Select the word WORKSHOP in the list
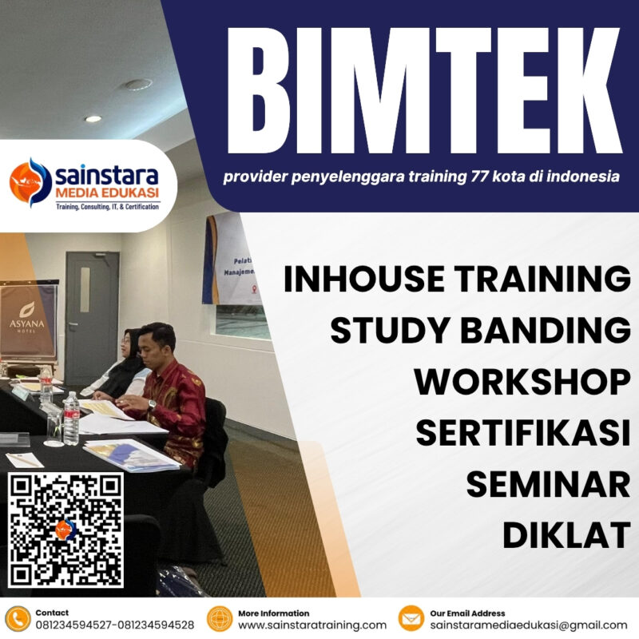coord(522,382)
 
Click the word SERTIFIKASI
coord(522,433)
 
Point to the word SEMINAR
coord(548,484)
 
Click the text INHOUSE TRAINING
coord(457,280)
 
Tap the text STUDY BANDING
coord(480,331)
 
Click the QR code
coord(66,530)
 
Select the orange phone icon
coord(17,619)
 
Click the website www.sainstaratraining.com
coord(312,625)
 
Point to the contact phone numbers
coord(114,625)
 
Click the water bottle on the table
coord(71,417)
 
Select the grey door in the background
coord(92,316)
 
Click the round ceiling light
coord(137,84)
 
